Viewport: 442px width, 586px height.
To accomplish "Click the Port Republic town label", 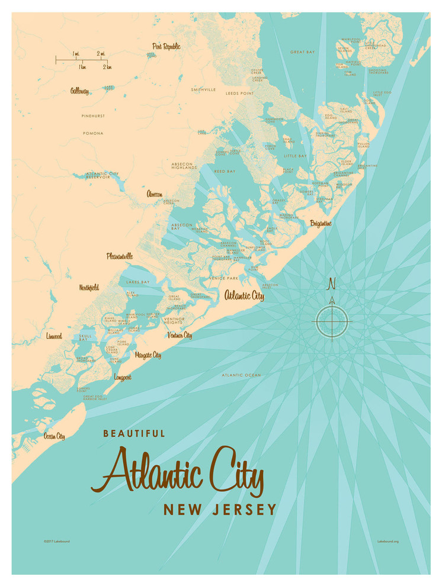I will click(x=166, y=46).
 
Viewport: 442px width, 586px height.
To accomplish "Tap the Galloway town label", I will click(x=79, y=91).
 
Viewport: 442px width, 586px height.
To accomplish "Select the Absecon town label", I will click(x=155, y=194).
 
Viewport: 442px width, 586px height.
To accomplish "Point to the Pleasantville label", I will click(x=120, y=256).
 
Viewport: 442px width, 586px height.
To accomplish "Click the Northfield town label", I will click(x=89, y=288).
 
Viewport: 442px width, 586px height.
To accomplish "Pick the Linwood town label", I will click(x=54, y=336).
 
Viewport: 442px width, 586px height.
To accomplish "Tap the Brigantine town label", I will click(x=321, y=223).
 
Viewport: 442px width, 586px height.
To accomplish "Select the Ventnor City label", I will click(x=180, y=335).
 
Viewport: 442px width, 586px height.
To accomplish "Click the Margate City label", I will click(x=148, y=355).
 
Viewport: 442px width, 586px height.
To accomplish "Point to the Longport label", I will click(x=122, y=376).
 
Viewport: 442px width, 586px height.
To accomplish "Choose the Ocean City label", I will click(x=54, y=436).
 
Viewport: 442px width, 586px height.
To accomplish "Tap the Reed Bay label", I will click(x=225, y=172).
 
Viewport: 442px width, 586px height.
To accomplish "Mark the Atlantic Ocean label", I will click(x=241, y=375).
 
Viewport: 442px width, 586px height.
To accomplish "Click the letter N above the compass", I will click(x=332, y=285).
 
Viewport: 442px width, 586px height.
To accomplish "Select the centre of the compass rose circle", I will click(x=332, y=321).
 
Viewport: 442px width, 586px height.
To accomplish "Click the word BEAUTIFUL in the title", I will click(x=134, y=433).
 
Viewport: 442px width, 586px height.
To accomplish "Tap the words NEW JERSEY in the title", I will click(x=220, y=509).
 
